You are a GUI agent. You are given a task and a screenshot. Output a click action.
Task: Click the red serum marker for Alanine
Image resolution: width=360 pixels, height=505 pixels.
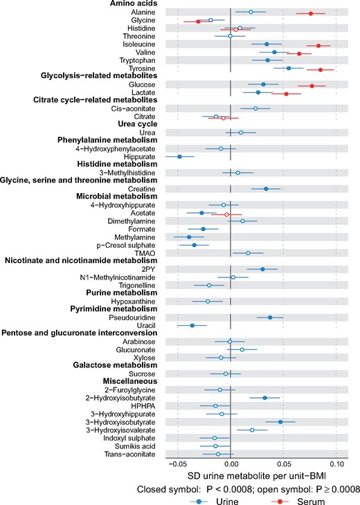[x=310, y=13]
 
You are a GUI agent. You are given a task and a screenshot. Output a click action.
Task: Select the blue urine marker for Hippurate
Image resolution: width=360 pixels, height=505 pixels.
[x=179, y=156]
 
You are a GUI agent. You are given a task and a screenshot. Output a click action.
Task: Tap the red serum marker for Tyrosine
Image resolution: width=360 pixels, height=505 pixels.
[x=320, y=69]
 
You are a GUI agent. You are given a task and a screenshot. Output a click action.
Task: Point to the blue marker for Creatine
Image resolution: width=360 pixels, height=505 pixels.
[x=265, y=189]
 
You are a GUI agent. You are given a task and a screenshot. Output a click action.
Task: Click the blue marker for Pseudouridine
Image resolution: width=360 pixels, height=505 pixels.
[x=270, y=317]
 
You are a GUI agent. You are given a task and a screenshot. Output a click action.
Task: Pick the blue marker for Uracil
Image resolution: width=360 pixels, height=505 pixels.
[x=192, y=325]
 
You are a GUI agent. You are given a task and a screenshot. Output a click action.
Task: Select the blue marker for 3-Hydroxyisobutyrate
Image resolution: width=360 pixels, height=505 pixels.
[x=280, y=421]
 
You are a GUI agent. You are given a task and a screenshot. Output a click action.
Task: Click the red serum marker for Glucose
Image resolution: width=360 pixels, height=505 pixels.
[x=312, y=86]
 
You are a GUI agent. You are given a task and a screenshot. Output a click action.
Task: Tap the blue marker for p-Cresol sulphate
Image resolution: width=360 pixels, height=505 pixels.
[x=194, y=245]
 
